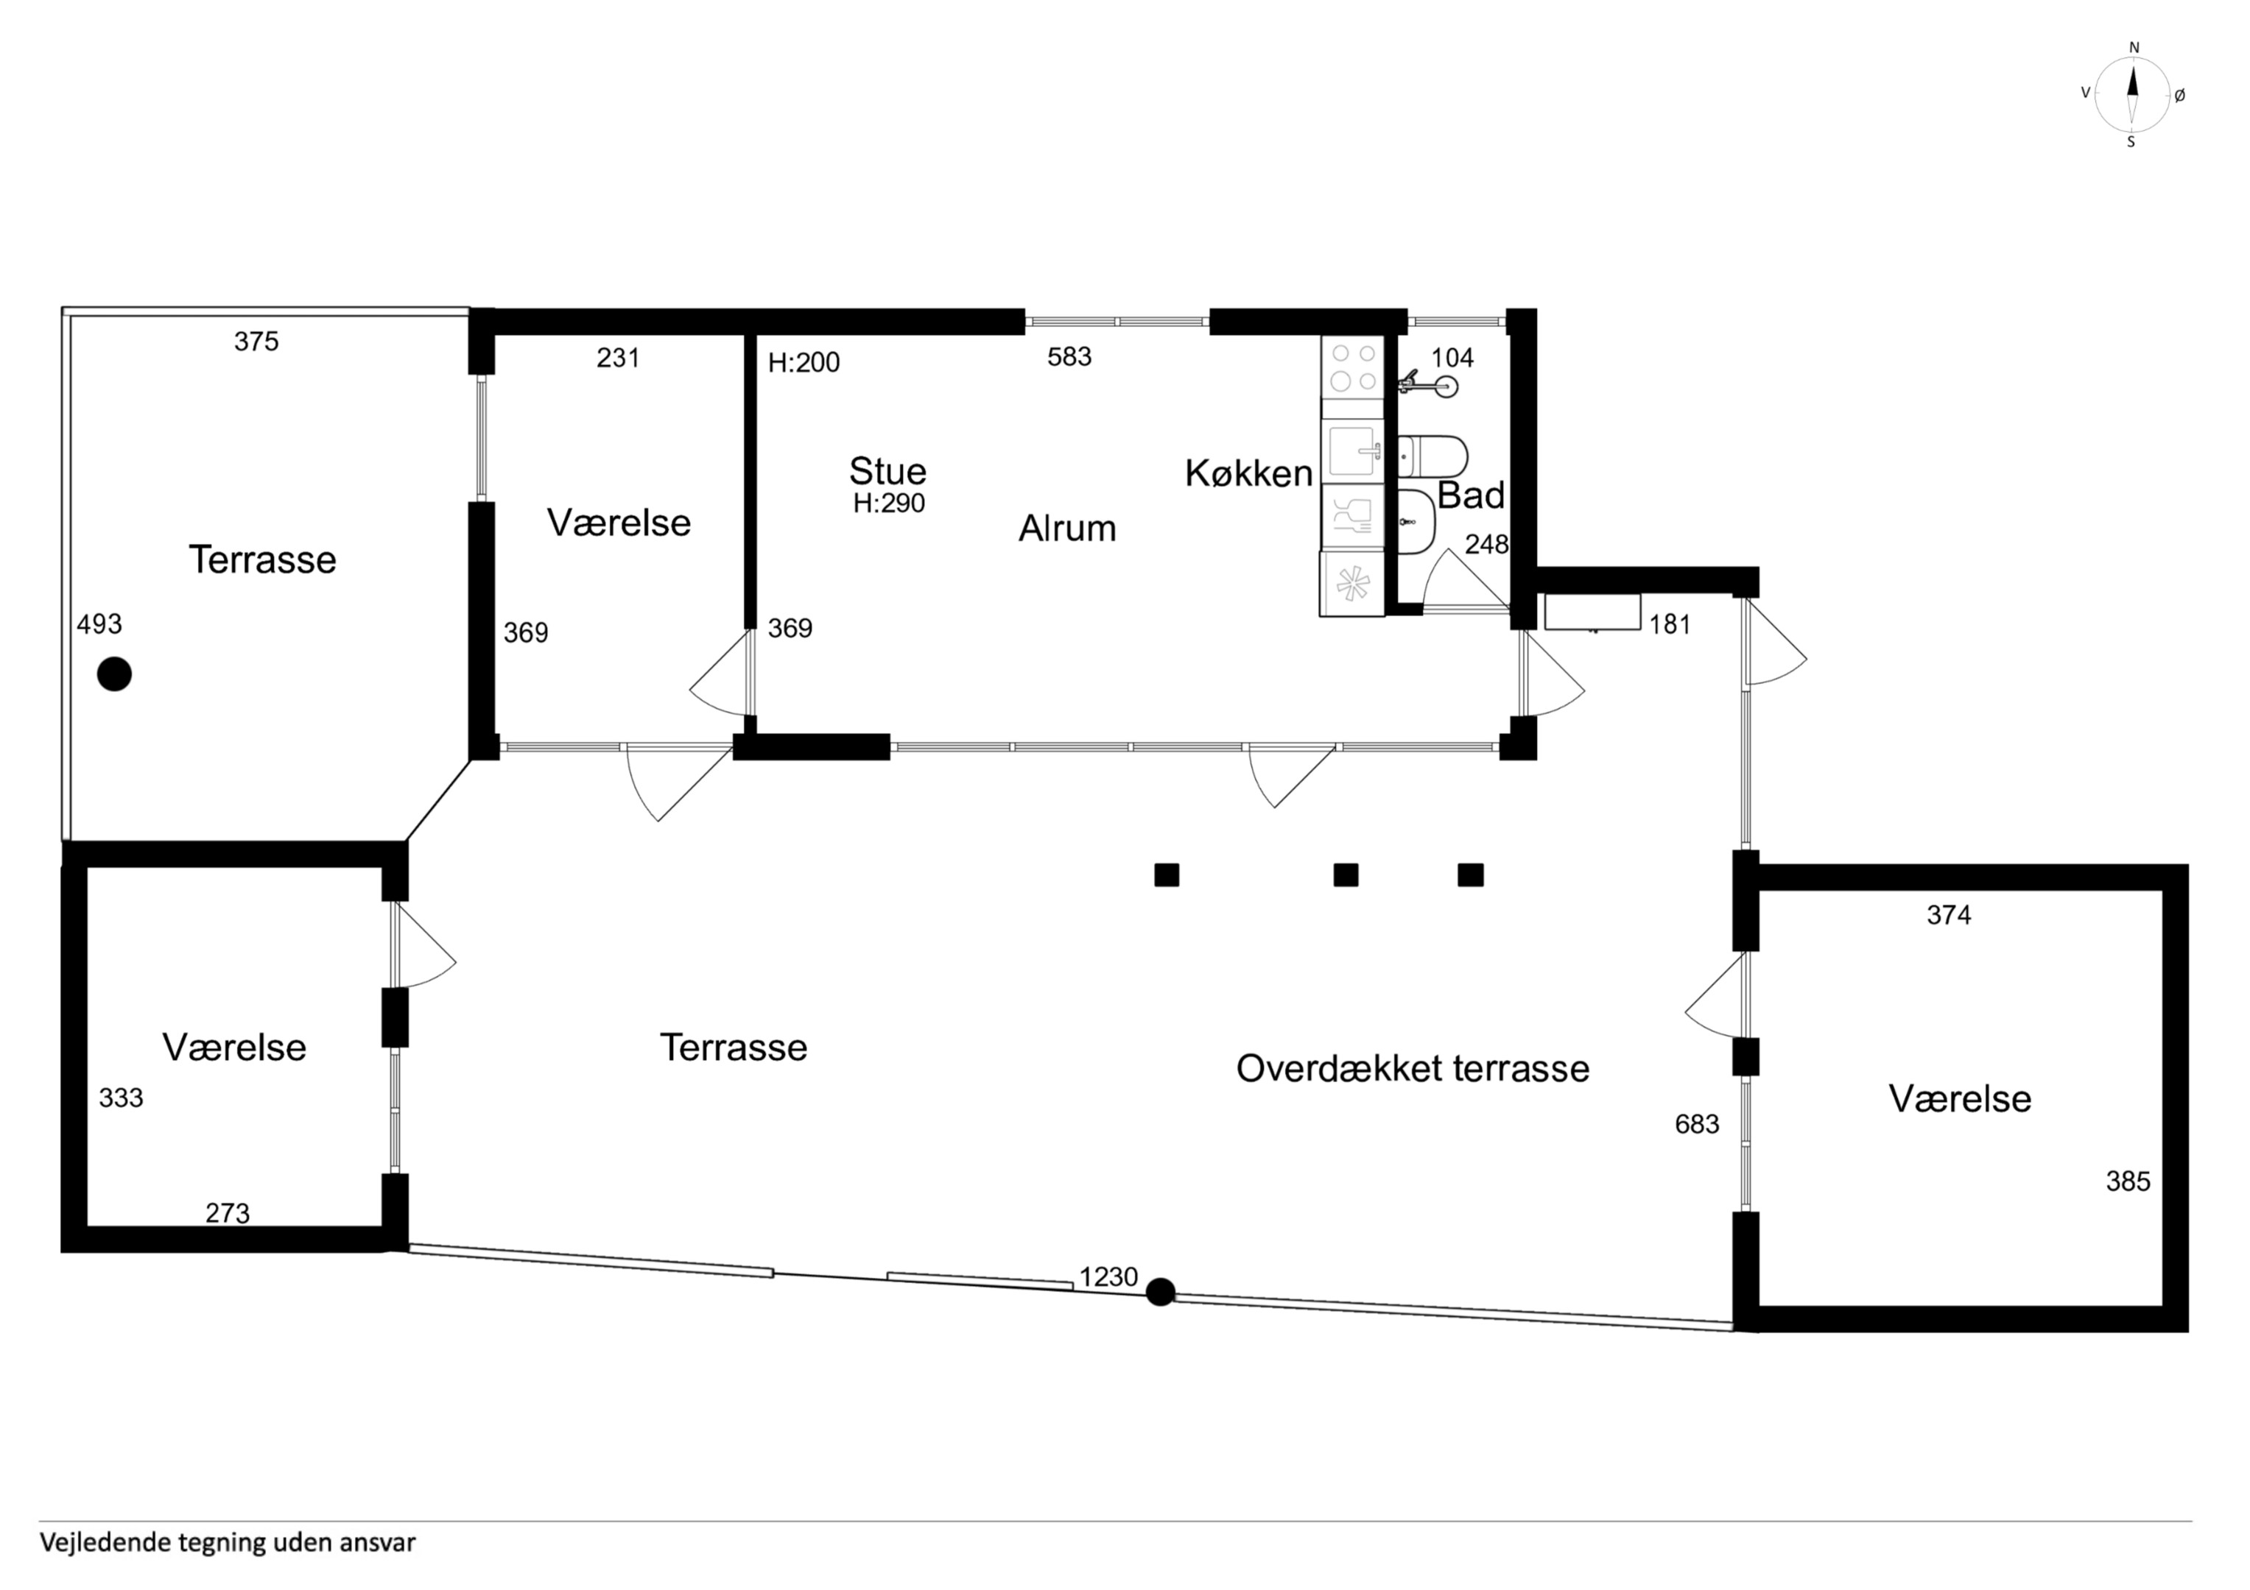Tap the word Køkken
pos(1248,473)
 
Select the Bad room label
pos(1470,495)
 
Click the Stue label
pos(888,471)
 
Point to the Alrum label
pos(1067,528)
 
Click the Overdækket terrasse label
pos(1412,1068)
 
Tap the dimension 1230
pos(1108,1276)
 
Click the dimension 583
pos(1069,356)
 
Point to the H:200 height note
pos(804,362)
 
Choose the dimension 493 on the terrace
pos(99,624)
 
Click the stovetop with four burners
pos(1352,367)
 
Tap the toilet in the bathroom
pos(1432,456)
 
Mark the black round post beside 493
pos(115,674)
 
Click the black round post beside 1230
pos(1160,1292)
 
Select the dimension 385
pos(2128,1181)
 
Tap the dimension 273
pos(228,1213)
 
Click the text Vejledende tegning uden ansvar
pos(228,1543)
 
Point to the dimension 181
pos(1670,624)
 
